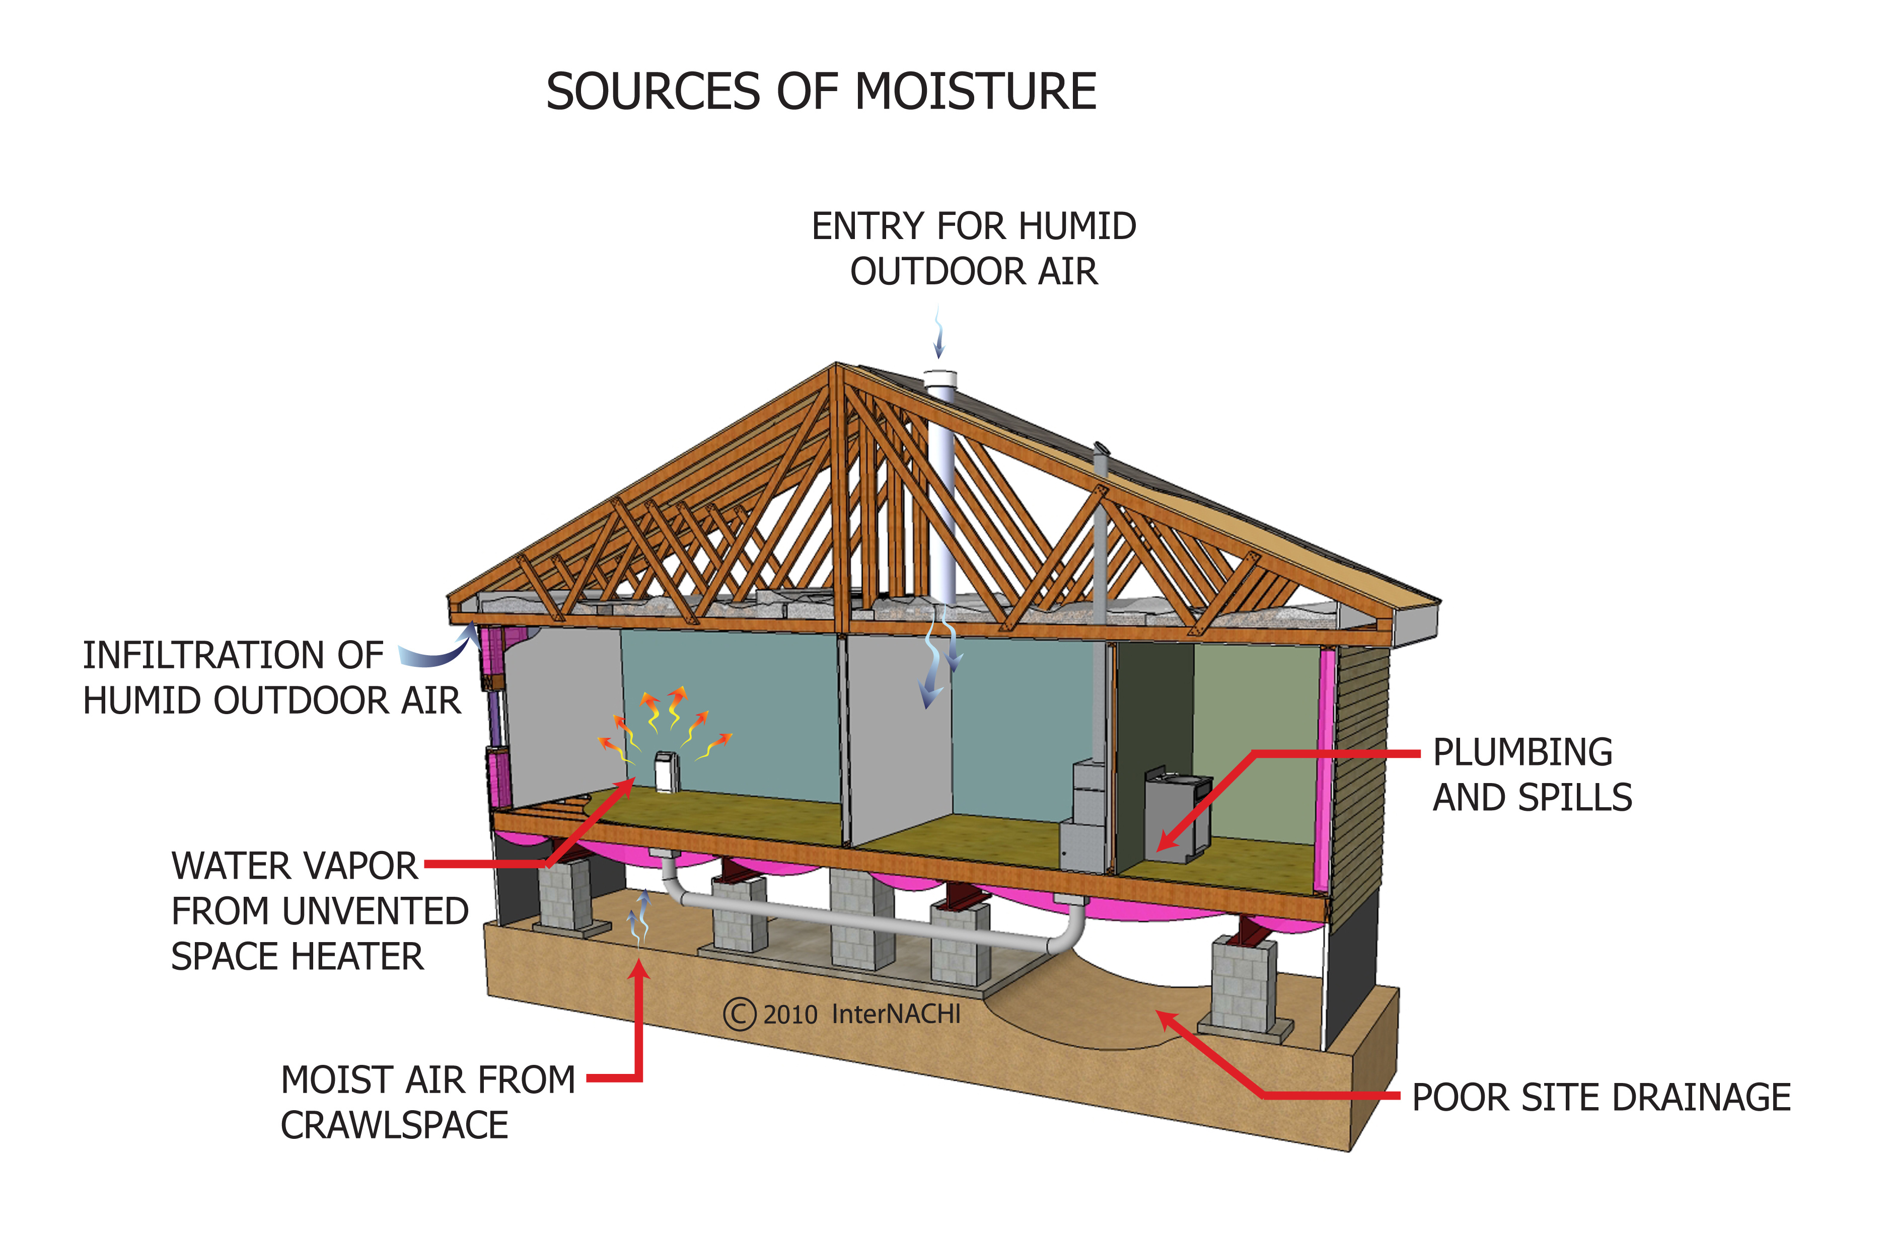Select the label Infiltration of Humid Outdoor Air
[x=271, y=678]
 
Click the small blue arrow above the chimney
[x=939, y=333]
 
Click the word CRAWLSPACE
[x=394, y=1125]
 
